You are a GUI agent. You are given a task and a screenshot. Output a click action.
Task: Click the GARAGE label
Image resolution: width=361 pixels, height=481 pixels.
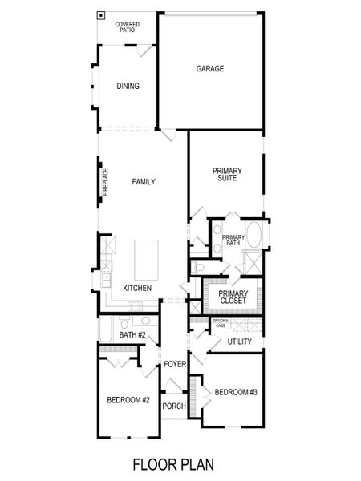(210, 69)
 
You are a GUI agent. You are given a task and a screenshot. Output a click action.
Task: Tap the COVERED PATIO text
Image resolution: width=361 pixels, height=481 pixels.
(127, 28)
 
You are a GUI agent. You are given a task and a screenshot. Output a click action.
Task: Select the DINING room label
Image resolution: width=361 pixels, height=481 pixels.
(128, 87)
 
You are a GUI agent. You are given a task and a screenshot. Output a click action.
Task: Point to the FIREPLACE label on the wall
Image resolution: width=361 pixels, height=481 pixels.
(104, 182)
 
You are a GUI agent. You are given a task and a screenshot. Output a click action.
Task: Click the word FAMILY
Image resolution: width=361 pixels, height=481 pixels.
(144, 182)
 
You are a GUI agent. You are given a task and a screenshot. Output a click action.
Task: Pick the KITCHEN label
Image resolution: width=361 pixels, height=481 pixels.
(137, 288)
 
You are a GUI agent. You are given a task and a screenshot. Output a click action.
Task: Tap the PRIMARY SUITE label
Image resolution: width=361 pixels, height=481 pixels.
(227, 175)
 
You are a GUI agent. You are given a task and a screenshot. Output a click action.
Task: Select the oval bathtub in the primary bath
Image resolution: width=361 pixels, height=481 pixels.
(254, 235)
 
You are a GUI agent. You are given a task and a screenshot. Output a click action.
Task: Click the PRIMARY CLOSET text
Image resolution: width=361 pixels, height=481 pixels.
(233, 297)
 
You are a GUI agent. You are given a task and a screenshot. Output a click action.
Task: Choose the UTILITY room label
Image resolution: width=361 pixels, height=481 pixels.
(239, 342)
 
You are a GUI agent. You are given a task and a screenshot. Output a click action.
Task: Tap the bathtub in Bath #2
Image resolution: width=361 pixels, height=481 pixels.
(107, 329)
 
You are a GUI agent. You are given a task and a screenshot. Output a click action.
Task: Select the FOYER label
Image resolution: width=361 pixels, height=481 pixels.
(175, 365)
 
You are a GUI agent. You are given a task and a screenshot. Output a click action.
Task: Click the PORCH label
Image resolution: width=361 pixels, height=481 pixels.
(174, 406)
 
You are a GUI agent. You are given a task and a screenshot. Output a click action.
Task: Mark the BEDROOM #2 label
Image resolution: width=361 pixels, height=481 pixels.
(128, 400)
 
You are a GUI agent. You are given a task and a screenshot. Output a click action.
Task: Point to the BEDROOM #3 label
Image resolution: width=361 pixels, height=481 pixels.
(235, 391)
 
